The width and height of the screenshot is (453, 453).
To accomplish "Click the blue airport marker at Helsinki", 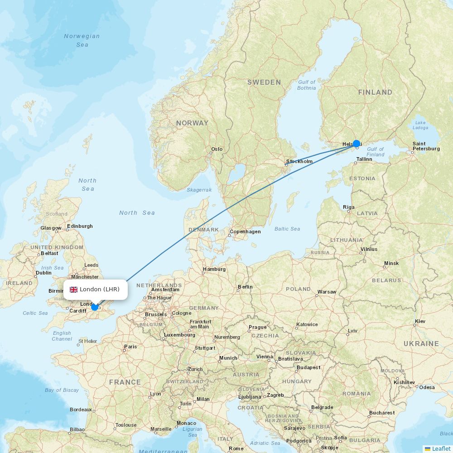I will pos(357,144).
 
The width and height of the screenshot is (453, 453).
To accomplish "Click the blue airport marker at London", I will pos(95,307).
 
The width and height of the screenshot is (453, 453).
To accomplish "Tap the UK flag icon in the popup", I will pos(73,289).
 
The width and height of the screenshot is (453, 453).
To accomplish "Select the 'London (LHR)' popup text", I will pos(100,289).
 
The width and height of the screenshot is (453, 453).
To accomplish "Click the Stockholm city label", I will pos(299,161).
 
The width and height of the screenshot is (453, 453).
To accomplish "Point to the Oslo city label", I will pos(217,149).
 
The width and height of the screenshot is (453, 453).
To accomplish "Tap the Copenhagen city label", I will pos(245,231).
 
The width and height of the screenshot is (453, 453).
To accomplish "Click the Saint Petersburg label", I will pos(426,146).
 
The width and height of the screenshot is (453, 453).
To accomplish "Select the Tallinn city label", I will pos(364,159).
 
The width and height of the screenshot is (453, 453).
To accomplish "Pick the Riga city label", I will pos(349,207).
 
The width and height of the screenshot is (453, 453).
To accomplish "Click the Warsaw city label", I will pos(327,292).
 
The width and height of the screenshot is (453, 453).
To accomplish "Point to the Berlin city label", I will pos(245,287).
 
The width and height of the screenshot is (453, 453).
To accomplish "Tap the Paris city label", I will pos(130,347).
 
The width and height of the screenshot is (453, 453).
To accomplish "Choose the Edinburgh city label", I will pos(80,226).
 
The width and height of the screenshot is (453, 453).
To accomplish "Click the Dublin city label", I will pos(43,273).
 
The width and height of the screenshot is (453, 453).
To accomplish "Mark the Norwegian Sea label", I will pos(82,40).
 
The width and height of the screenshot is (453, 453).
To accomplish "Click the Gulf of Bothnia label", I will pos(307,85).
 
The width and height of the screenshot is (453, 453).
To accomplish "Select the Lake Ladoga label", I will pos(421,125).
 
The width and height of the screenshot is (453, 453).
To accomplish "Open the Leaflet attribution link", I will pos(441,448).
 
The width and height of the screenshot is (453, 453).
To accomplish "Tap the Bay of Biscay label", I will pos(62,390).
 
